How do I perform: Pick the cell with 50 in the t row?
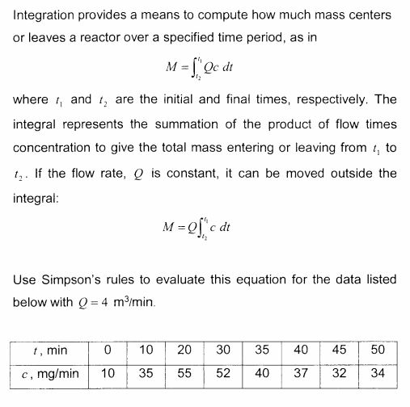point(376,350)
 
